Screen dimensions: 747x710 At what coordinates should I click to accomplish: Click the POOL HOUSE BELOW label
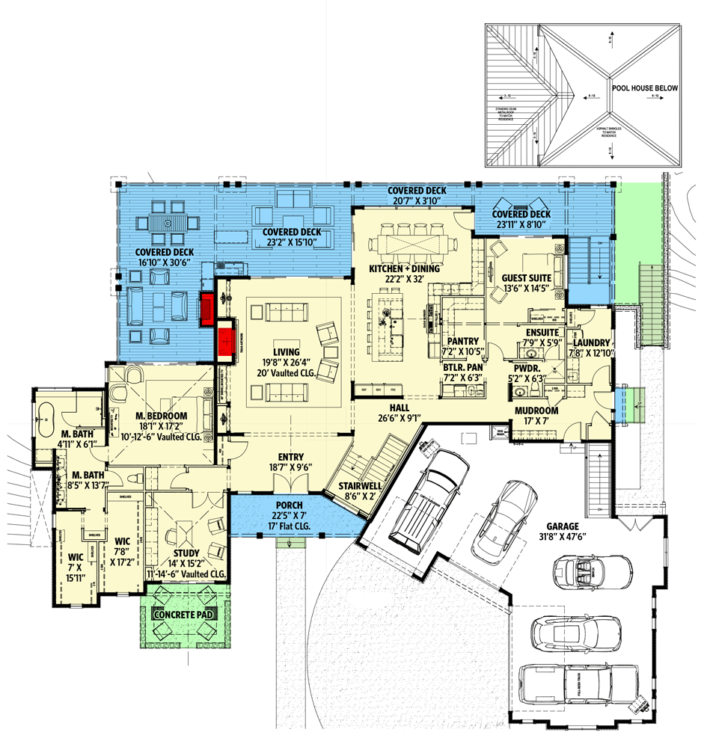644,88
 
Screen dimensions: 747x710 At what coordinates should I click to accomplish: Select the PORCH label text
288,506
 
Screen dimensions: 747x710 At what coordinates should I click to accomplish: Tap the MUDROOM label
536,411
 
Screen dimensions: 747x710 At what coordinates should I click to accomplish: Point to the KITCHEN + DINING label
404,268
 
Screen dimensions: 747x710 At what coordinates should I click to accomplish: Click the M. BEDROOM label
161,416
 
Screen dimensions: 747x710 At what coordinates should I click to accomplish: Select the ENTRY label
290,457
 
